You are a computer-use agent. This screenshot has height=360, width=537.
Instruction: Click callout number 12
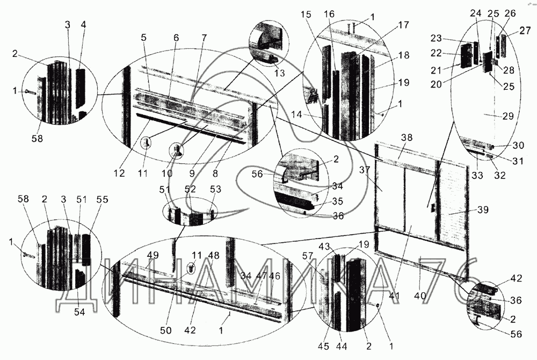pos(119,174)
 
